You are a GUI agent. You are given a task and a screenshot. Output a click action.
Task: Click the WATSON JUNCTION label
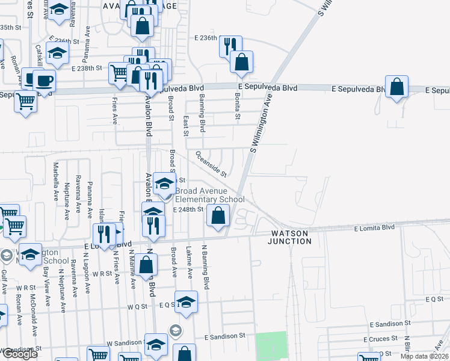(x=291, y=237)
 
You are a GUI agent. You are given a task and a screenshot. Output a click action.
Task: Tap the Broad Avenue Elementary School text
(x=210, y=196)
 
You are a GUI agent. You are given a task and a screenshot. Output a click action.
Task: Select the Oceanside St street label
(x=210, y=163)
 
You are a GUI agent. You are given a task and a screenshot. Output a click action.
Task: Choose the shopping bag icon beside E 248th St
(x=218, y=215)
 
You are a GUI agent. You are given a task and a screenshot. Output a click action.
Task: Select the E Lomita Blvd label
(x=374, y=228)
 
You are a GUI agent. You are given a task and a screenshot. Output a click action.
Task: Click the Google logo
(x=19, y=354)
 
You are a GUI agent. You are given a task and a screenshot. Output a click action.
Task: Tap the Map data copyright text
(x=424, y=356)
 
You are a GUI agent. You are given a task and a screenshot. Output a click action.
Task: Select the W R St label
(x=104, y=273)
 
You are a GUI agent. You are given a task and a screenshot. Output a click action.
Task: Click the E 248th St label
(x=189, y=209)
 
